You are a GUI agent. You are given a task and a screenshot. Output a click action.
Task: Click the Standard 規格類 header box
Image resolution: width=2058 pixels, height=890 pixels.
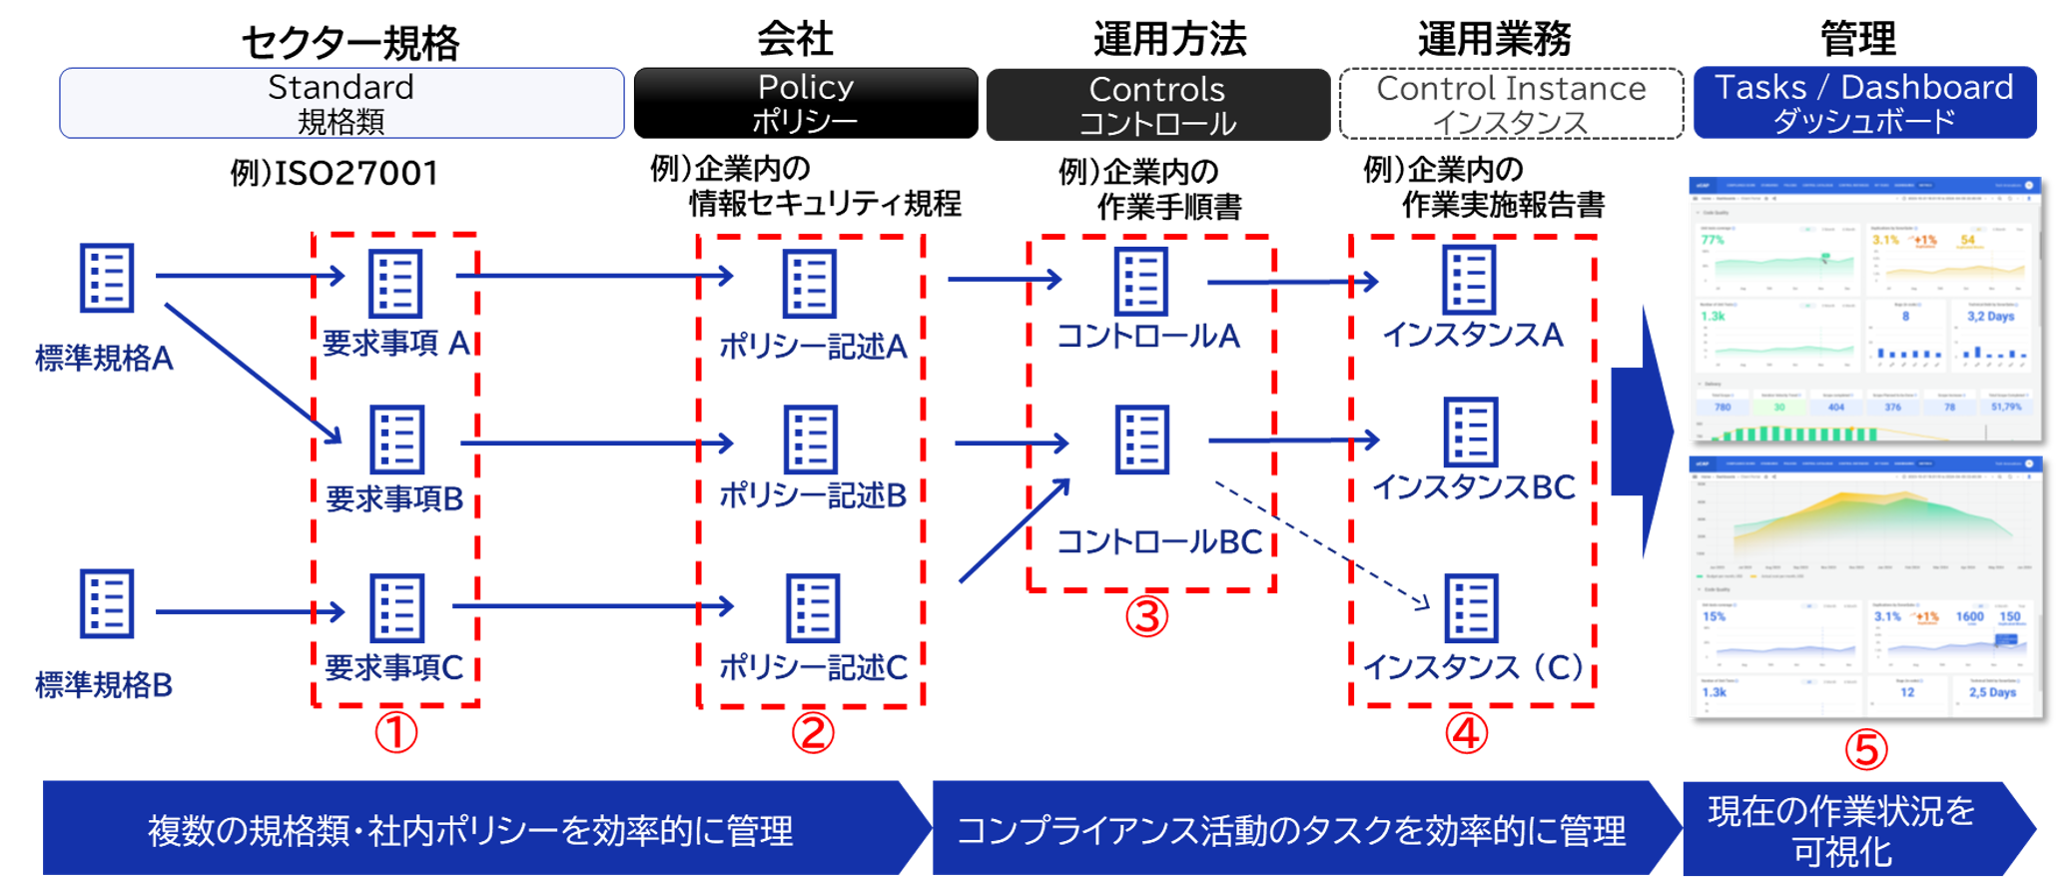pyautogui.click(x=342, y=103)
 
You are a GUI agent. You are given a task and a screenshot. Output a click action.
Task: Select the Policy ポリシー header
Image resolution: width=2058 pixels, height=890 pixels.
pyautogui.click(x=805, y=103)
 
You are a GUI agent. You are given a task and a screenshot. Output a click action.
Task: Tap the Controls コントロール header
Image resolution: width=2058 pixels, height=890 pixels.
pyautogui.click(x=1157, y=105)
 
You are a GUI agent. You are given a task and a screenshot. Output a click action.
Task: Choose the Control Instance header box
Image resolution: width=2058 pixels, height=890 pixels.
pyautogui.click(x=1511, y=104)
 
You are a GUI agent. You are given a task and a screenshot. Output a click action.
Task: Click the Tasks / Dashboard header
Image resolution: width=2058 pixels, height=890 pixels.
pyautogui.click(x=1864, y=103)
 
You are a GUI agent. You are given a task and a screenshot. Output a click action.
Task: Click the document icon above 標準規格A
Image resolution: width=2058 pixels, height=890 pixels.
pyautogui.click(x=107, y=278)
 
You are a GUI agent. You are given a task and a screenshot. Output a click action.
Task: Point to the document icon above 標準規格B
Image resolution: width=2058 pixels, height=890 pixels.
pyautogui.click(x=107, y=603)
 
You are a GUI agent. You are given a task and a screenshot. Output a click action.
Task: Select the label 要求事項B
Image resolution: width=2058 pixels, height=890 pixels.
pyautogui.click(x=394, y=498)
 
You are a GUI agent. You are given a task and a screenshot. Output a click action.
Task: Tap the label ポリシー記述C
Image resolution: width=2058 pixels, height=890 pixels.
pyautogui.click(x=813, y=667)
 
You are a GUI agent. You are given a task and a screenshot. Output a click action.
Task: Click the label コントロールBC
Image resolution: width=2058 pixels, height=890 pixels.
pyautogui.click(x=1159, y=542)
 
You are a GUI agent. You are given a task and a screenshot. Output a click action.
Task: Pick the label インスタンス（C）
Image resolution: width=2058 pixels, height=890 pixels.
pyautogui.click(x=1473, y=667)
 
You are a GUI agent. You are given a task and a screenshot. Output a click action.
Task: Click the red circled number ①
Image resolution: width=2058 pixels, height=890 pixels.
pyautogui.click(x=396, y=732)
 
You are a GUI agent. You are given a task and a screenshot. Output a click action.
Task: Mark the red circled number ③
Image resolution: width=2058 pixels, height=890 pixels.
pyautogui.click(x=1146, y=616)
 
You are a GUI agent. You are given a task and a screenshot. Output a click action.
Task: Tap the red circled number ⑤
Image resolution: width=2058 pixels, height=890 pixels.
pyautogui.click(x=1865, y=750)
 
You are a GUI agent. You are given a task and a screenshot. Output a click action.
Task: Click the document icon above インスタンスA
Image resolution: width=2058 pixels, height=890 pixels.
pyautogui.click(x=1469, y=280)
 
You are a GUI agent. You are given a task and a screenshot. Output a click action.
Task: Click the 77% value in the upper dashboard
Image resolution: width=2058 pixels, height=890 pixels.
pyautogui.click(x=1713, y=240)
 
